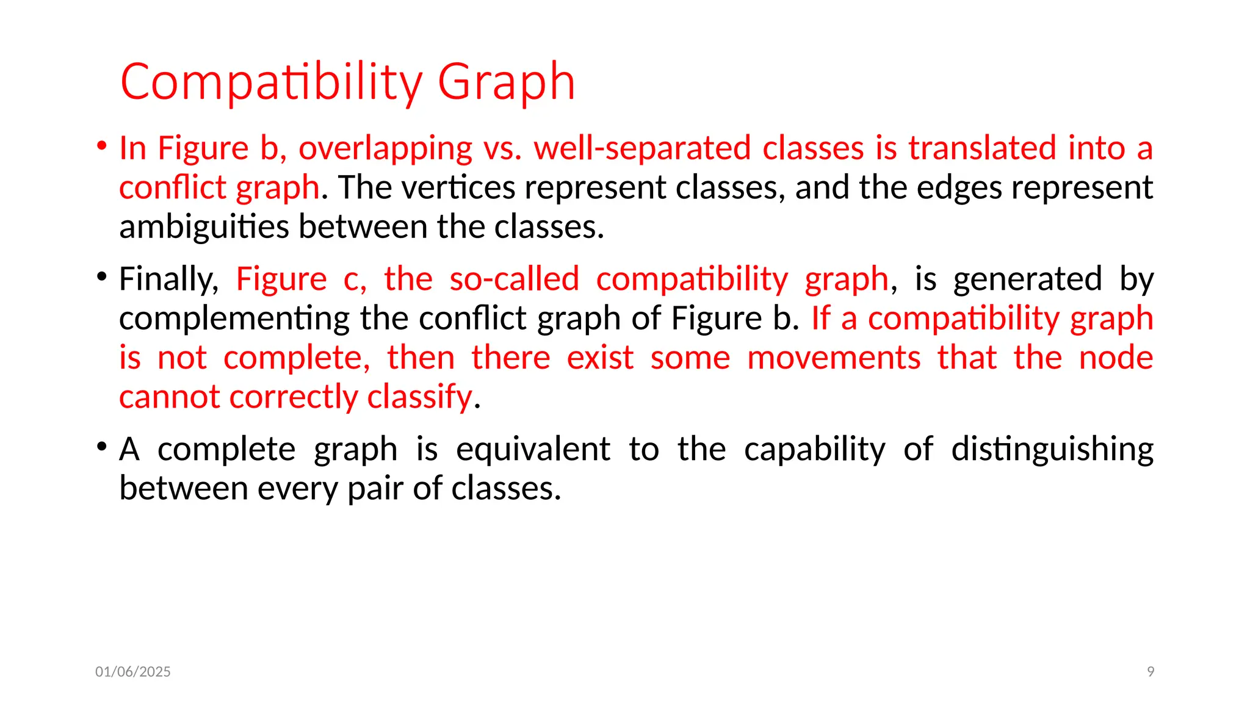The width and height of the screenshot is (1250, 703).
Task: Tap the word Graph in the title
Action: (x=506, y=82)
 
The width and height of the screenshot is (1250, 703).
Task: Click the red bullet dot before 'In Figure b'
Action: (x=102, y=146)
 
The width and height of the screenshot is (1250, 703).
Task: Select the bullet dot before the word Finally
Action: (x=102, y=277)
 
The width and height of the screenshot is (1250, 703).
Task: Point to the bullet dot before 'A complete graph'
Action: (x=102, y=447)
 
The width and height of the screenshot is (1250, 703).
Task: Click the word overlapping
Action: (x=385, y=148)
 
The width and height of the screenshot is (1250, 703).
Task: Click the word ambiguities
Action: (x=204, y=227)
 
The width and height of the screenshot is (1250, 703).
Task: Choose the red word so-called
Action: (x=514, y=279)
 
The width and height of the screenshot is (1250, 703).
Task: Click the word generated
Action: (x=1027, y=279)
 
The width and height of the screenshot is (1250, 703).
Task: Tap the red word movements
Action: (x=834, y=358)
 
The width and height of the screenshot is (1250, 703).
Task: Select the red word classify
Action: (x=419, y=397)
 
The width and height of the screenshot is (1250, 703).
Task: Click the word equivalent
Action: (x=533, y=450)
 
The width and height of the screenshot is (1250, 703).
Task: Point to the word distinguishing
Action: (x=1052, y=450)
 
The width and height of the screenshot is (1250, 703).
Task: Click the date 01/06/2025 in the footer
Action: (x=133, y=672)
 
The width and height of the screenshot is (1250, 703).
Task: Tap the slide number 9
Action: (x=1151, y=672)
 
